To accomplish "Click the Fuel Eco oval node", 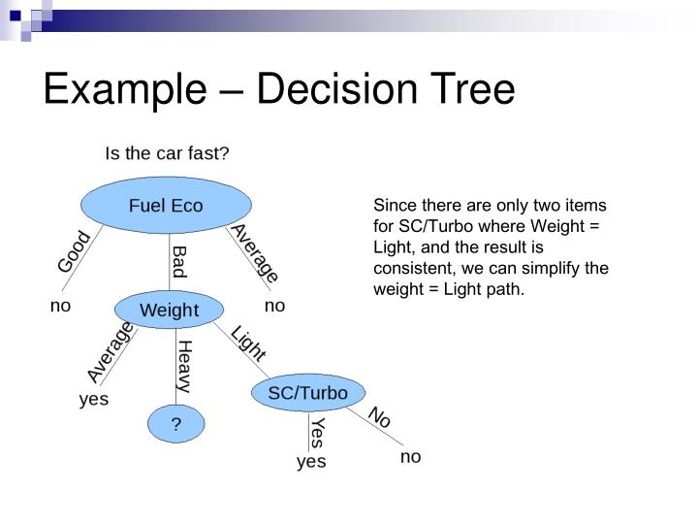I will (x=166, y=206).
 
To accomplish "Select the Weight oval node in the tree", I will (x=169, y=311).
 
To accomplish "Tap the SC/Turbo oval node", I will (x=307, y=393).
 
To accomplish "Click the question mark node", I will (x=176, y=424).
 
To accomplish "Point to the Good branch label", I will (x=75, y=251).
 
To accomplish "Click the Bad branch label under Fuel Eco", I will (x=179, y=262).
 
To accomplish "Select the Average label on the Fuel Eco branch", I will (x=254, y=253).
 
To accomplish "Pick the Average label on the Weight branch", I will (x=110, y=352).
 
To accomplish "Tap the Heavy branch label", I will (x=184, y=366).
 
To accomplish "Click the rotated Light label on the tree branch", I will (x=248, y=344).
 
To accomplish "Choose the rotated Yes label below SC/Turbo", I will (x=317, y=433).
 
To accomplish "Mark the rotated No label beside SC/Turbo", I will (x=380, y=417).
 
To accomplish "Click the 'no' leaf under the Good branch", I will (x=61, y=306).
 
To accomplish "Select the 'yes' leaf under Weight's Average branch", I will (x=94, y=399).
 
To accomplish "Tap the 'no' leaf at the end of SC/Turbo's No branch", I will (x=411, y=456).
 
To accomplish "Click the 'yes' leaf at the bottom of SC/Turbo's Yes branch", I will (x=311, y=462).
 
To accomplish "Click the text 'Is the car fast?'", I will (x=167, y=153).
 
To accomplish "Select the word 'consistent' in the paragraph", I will (x=412, y=268).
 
